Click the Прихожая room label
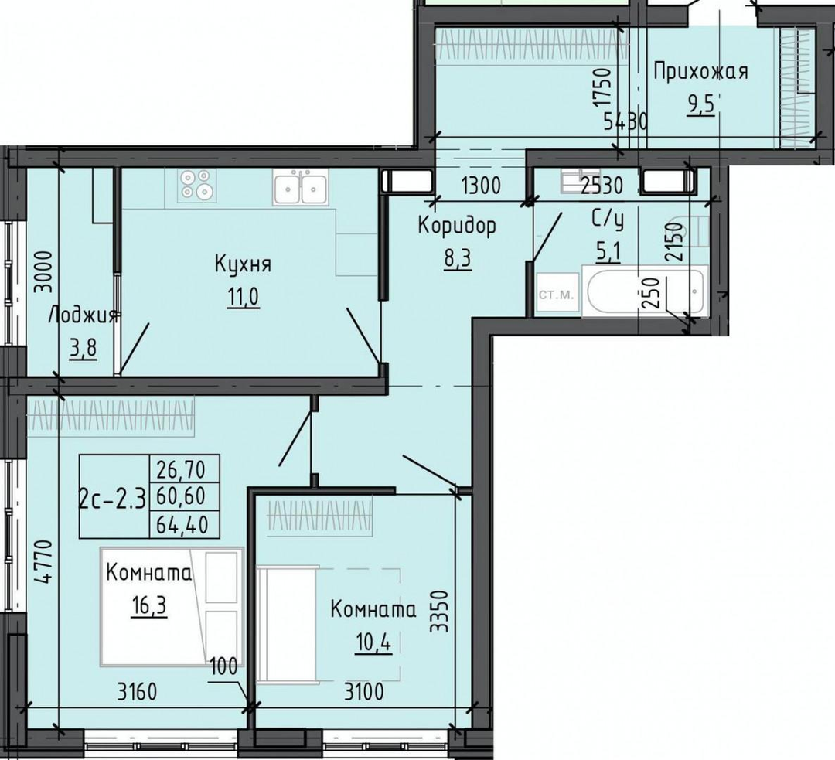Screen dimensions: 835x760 tap(700, 71)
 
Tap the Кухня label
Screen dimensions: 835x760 tap(243, 264)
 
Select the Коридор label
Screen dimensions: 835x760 tap(457, 227)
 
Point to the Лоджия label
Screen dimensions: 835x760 tap(83, 316)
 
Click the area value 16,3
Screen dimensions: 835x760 tap(149, 606)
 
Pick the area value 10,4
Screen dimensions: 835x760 tap(373, 643)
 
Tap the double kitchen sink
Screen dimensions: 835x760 tap(300, 186)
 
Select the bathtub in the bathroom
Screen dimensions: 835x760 tap(646, 291)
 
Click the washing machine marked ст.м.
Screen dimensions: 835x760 tap(557, 295)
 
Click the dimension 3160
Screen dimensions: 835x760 tap(138, 693)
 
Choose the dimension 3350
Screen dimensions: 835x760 tap(440, 611)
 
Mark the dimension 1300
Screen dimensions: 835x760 tap(482, 186)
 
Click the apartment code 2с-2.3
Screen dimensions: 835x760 tap(112, 499)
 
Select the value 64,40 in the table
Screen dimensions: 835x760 tap(181, 525)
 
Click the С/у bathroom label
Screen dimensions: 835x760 tap(607, 220)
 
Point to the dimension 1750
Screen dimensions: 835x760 tap(603, 87)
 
